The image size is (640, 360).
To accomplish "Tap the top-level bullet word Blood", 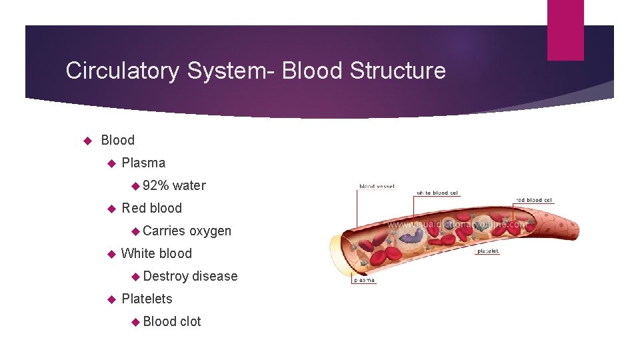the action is tap(117, 140).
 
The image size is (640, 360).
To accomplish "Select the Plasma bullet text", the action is tap(143, 163).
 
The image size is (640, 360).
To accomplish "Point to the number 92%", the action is tap(155, 185).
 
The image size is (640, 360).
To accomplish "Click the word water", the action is tap(189, 185).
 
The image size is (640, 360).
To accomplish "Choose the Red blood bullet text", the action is tap(151, 208).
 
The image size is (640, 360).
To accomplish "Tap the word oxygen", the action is tap(210, 231).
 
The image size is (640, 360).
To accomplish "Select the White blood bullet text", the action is tap(156, 253).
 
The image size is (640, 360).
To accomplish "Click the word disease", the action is tap(215, 276).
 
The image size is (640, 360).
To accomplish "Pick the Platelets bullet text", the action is tap(147, 299).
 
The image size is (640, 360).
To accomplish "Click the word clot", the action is tap(190, 321).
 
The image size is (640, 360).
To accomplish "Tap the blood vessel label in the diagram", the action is tap(377, 187).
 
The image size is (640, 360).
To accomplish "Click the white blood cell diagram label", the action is tap(437, 193).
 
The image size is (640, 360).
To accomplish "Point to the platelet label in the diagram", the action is tap(488, 251).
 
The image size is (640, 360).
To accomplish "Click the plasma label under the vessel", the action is tap(363, 281).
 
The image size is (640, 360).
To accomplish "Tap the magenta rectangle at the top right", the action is tap(565, 30).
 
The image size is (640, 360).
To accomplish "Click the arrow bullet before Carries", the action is tap(136, 231).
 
